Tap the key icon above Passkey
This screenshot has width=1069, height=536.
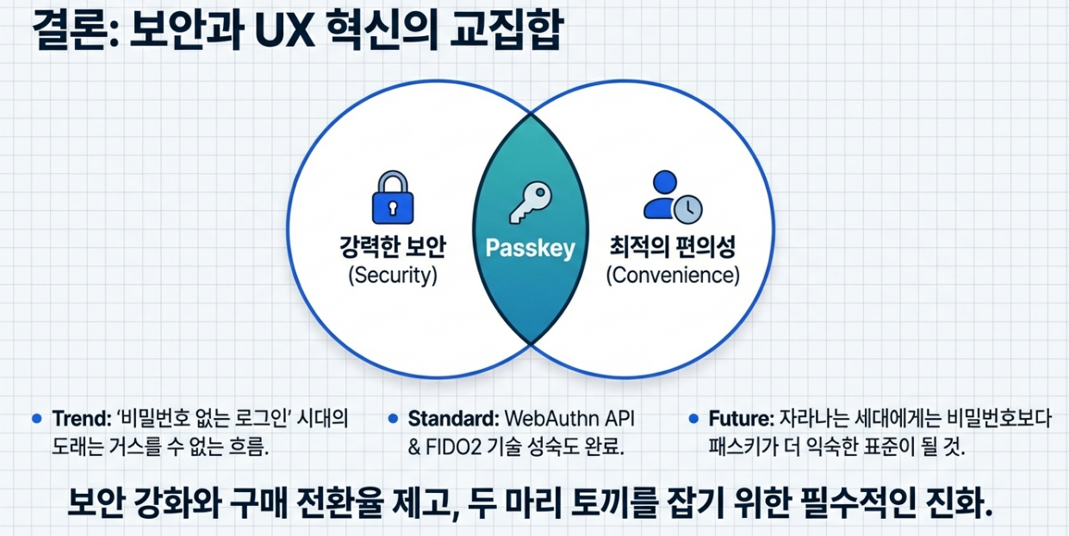[529, 201]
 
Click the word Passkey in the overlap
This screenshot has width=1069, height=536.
[530, 249]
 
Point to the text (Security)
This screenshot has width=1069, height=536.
[393, 276]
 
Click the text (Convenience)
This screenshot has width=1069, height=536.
[672, 276]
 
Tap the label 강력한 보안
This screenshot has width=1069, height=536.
[393, 248]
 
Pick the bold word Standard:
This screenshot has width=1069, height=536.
[453, 420]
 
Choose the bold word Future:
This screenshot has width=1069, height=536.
[742, 420]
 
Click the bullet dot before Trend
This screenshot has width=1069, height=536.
[36, 419]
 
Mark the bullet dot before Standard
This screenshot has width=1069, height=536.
[393, 419]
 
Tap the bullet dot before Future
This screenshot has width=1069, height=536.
[693, 419]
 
